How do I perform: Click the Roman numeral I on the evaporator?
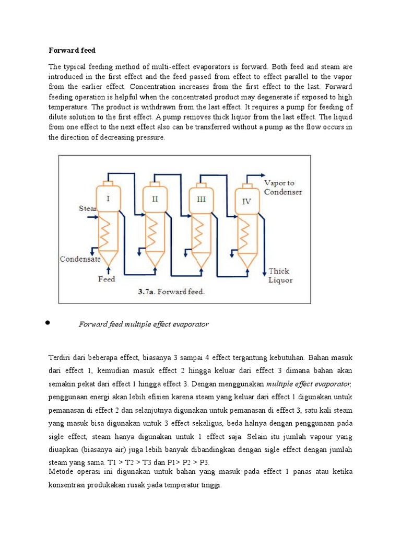pos(108,199)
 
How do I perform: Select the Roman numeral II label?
pos(155,199)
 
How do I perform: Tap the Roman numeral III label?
pos(201,200)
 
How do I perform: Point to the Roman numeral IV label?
pos(246,201)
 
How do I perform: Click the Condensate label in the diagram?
pos(81,259)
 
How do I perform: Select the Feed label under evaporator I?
pos(107,279)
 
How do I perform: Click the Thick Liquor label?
pos(280,275)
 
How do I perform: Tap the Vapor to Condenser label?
pos(282,188)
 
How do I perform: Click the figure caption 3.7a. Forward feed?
pos(171,292)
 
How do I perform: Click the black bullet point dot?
pos(48,323)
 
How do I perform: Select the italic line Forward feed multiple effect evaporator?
pos(144,324)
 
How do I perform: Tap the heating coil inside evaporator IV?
pos(244,234)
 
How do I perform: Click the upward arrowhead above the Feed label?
pos(108,269)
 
